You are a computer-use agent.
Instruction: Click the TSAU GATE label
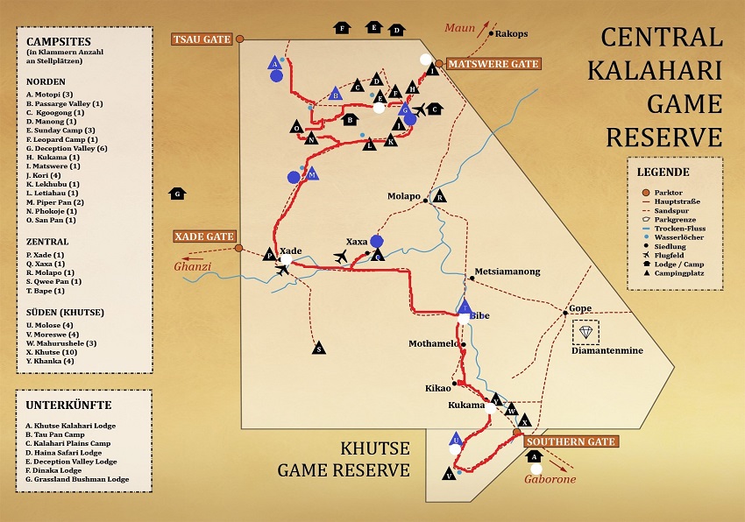201,39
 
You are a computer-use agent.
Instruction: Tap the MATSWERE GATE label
493,64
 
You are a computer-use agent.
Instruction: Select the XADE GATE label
203,236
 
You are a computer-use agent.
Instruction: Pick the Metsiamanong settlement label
508,272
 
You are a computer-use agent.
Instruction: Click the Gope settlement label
580,308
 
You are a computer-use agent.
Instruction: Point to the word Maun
459,27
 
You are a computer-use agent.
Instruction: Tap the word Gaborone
550,480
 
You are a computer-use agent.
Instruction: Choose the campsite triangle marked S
319,349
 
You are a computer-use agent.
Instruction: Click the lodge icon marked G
178,193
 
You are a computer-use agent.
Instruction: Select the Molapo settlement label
404,197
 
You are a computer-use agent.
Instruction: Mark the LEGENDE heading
663,172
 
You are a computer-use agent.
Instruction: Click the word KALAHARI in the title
663,71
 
